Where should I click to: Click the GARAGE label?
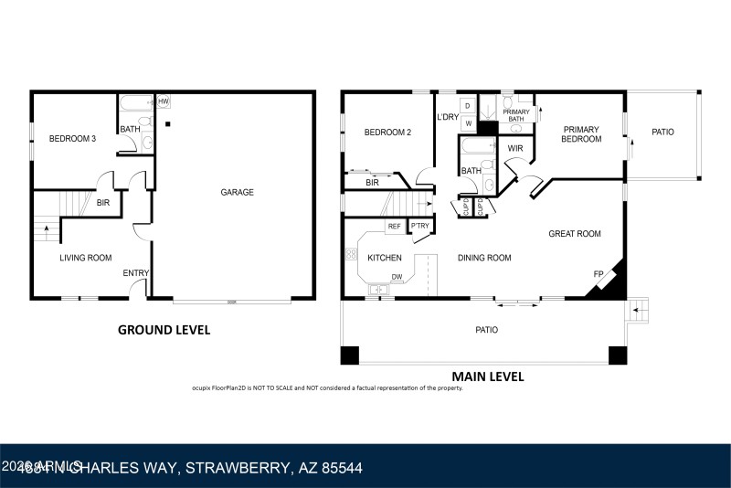[x=237, y=193]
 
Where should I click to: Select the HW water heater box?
[x=164, y=101]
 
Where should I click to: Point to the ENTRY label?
[x=136, y=273]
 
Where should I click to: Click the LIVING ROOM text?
[x=86, y=259]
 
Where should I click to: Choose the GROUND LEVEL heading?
[x=164, y=330]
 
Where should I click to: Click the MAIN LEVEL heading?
[x=488, y=376]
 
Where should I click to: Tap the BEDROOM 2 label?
[x=387, y=133]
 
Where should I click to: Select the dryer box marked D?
[x=468, y=107]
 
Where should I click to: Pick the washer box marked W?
[x=468, y=123]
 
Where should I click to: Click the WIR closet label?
[x=515, y=148]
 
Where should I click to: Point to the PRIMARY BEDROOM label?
[x=581, y=134]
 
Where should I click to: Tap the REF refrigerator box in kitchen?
[x=395, y=226]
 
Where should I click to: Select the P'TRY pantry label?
[x=420, y=226]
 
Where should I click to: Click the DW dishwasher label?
[x=397, y=277]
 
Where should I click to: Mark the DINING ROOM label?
[x=484, y=259]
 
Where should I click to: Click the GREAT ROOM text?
[x=574, y=234]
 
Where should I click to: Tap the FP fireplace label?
[x=599, y=273]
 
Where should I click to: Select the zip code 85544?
[x=338, y=468]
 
